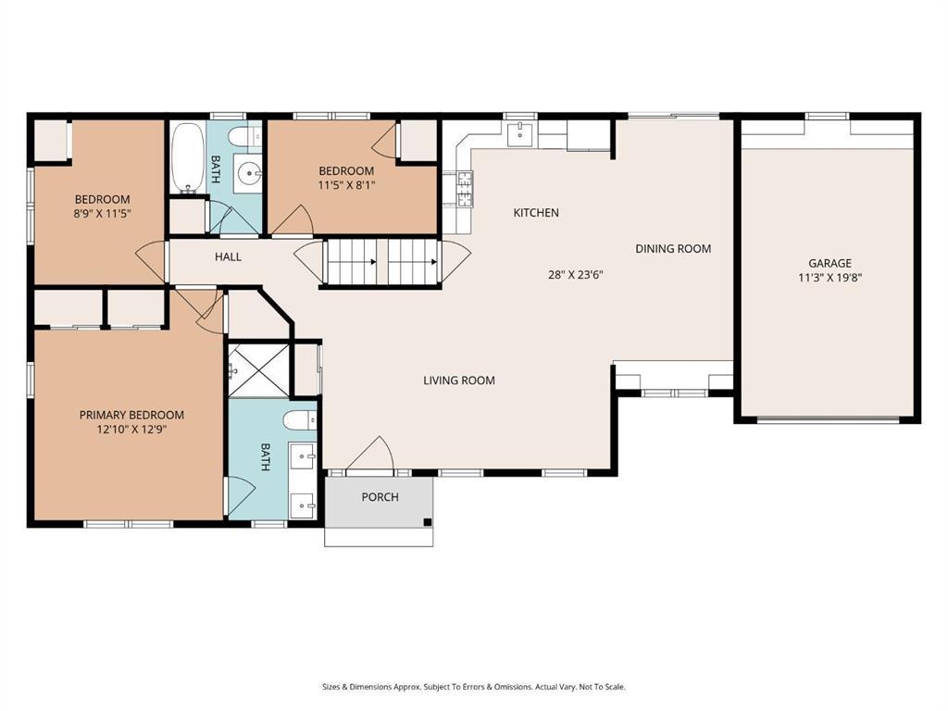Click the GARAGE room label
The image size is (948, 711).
click(829, 263)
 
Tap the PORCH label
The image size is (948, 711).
click(380, 497)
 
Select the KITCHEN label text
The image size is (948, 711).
click(536, 213)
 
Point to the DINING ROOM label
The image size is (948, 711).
click(673, 248)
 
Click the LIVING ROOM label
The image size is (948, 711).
click(459, 380)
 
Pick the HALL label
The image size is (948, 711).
click(228, 257)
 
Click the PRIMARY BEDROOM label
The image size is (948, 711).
click(131, 415)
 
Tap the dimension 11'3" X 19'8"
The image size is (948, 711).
click(829, 278)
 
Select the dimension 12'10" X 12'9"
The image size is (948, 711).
click(131, 430)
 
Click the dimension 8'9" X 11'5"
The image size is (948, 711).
click(102, 214)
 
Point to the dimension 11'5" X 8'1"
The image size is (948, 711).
click(346, 185)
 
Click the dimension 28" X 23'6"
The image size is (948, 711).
click(576, 274)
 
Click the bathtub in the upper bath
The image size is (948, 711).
click(187, 157)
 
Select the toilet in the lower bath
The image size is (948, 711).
click(300, 419)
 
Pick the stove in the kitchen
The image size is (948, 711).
click(465, 188)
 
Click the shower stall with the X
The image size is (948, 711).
click(259, 370)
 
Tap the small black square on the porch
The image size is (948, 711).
click(428, 522)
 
